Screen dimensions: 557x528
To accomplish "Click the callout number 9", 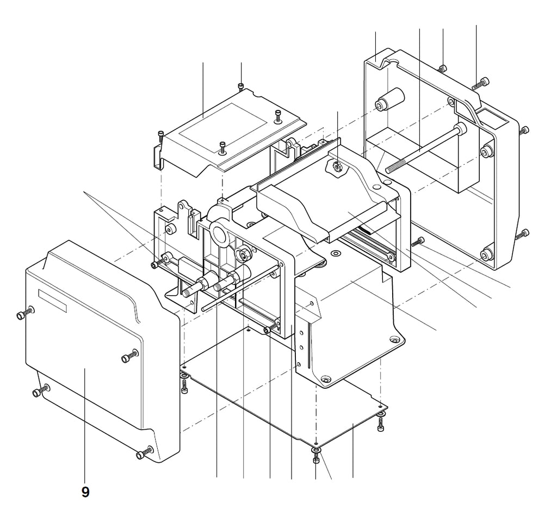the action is coord(85,492).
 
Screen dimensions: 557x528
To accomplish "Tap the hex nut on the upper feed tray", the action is coord(336,166).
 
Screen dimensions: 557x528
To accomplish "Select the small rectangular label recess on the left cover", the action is coord(53,301).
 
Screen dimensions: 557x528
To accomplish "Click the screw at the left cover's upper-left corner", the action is coord(25,313).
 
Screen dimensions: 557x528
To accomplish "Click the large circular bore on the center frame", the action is coord(220,233).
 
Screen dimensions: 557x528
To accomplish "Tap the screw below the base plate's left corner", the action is coord(184,386).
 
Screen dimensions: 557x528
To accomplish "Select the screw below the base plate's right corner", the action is coord(381,422).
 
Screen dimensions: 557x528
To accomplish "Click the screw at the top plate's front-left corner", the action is coord(161,136).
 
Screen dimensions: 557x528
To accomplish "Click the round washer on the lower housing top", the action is coord(335,253).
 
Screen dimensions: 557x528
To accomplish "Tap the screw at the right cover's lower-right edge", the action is coord(523,234).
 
